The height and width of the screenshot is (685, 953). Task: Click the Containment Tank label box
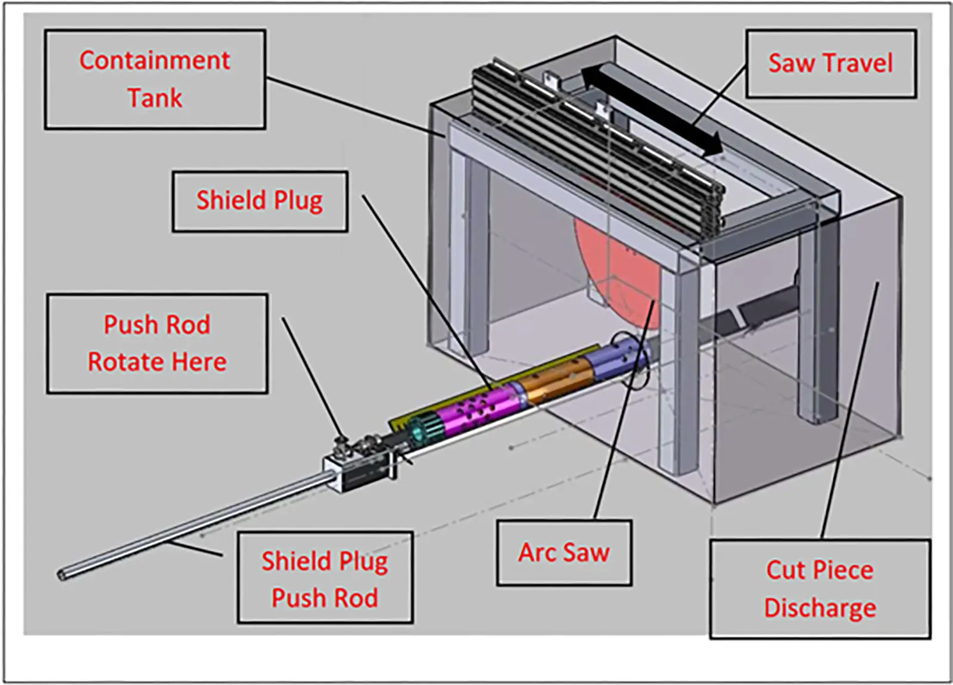tap(155, 79)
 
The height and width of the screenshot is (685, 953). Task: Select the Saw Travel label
tap(830, 63)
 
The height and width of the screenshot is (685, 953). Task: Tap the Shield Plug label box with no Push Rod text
tap(260, 201)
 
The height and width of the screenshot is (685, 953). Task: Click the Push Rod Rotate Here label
tap(157, 343)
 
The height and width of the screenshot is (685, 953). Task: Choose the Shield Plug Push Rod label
tap(325, 578)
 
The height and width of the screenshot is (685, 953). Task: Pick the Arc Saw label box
tap(563, 553)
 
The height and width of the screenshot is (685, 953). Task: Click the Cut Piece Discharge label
tap(820, 589)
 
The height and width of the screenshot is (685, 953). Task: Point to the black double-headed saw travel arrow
tap(652, 111)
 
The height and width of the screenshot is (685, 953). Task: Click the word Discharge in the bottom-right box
tap(820, 608)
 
